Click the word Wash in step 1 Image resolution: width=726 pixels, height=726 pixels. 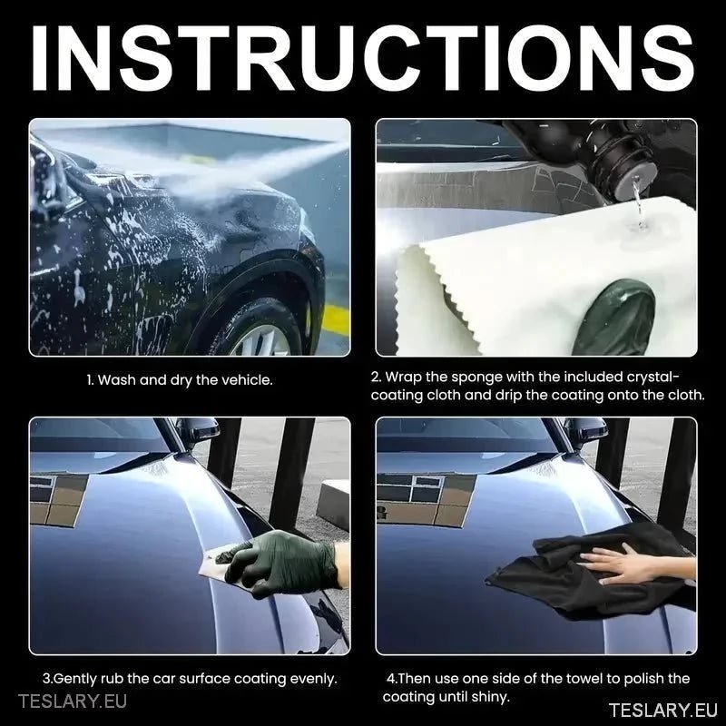pyautogui.click(x=116, y=380)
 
